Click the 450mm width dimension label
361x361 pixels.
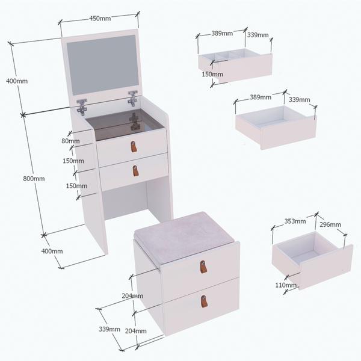100,18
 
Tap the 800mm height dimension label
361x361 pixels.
34,179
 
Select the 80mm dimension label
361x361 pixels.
70,141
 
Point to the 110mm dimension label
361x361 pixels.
286,285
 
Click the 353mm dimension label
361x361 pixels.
295,221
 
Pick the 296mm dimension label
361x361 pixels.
330,224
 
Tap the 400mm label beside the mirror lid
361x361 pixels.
17,81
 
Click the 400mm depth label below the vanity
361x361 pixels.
52,251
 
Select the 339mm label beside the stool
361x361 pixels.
110,329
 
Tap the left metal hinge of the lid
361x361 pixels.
82,106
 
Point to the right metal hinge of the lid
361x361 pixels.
133,98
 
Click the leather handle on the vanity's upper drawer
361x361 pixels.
134,147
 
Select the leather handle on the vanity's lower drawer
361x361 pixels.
136,171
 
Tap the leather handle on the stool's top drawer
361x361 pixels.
203,267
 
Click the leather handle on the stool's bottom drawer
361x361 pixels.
204,301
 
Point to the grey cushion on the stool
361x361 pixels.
184,237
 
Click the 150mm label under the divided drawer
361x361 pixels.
212,74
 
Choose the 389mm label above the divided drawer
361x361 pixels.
222,33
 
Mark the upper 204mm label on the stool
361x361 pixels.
132,295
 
